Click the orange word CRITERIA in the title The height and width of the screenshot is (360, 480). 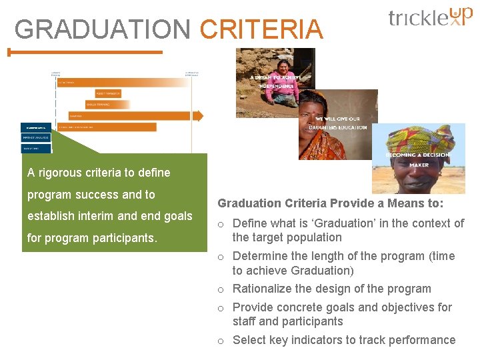click(261, 29)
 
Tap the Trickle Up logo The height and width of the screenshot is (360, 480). click(430, 17)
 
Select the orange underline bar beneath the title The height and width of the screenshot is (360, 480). click(85, 52)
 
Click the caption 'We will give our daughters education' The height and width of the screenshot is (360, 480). click(337, 123)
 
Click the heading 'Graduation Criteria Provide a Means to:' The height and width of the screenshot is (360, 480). click(330, 203)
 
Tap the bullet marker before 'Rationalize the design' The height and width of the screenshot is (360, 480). click(221, 290)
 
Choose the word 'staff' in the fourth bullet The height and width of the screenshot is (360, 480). click(244, 321)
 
